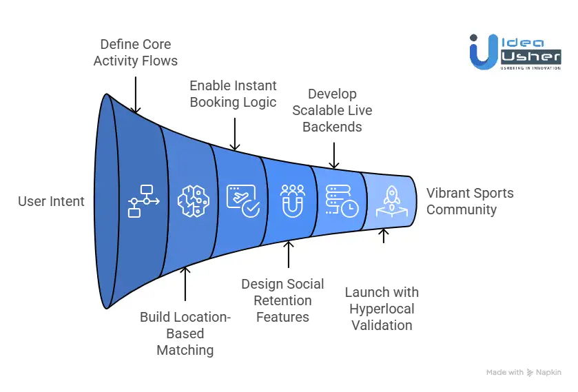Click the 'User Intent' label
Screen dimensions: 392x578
click(51, 201)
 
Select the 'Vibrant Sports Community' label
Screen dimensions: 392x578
click(470, 201)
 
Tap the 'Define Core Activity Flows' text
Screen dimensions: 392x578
click(135, 52)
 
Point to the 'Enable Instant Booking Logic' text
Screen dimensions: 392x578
click(233, 94)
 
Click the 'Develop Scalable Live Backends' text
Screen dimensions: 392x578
click(332, 110)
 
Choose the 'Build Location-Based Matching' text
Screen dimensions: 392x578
click(185, 333)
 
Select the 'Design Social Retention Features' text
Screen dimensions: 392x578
click(282, 300)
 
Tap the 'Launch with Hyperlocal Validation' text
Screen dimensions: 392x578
click(382, 309)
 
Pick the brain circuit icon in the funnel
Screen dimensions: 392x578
click(192, 201)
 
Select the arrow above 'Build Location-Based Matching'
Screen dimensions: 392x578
click(185, 284)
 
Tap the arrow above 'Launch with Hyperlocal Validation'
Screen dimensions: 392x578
click(384, 235)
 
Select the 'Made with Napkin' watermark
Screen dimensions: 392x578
click(524, 372)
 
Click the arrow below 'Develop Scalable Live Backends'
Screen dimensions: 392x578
click(333, 155)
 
